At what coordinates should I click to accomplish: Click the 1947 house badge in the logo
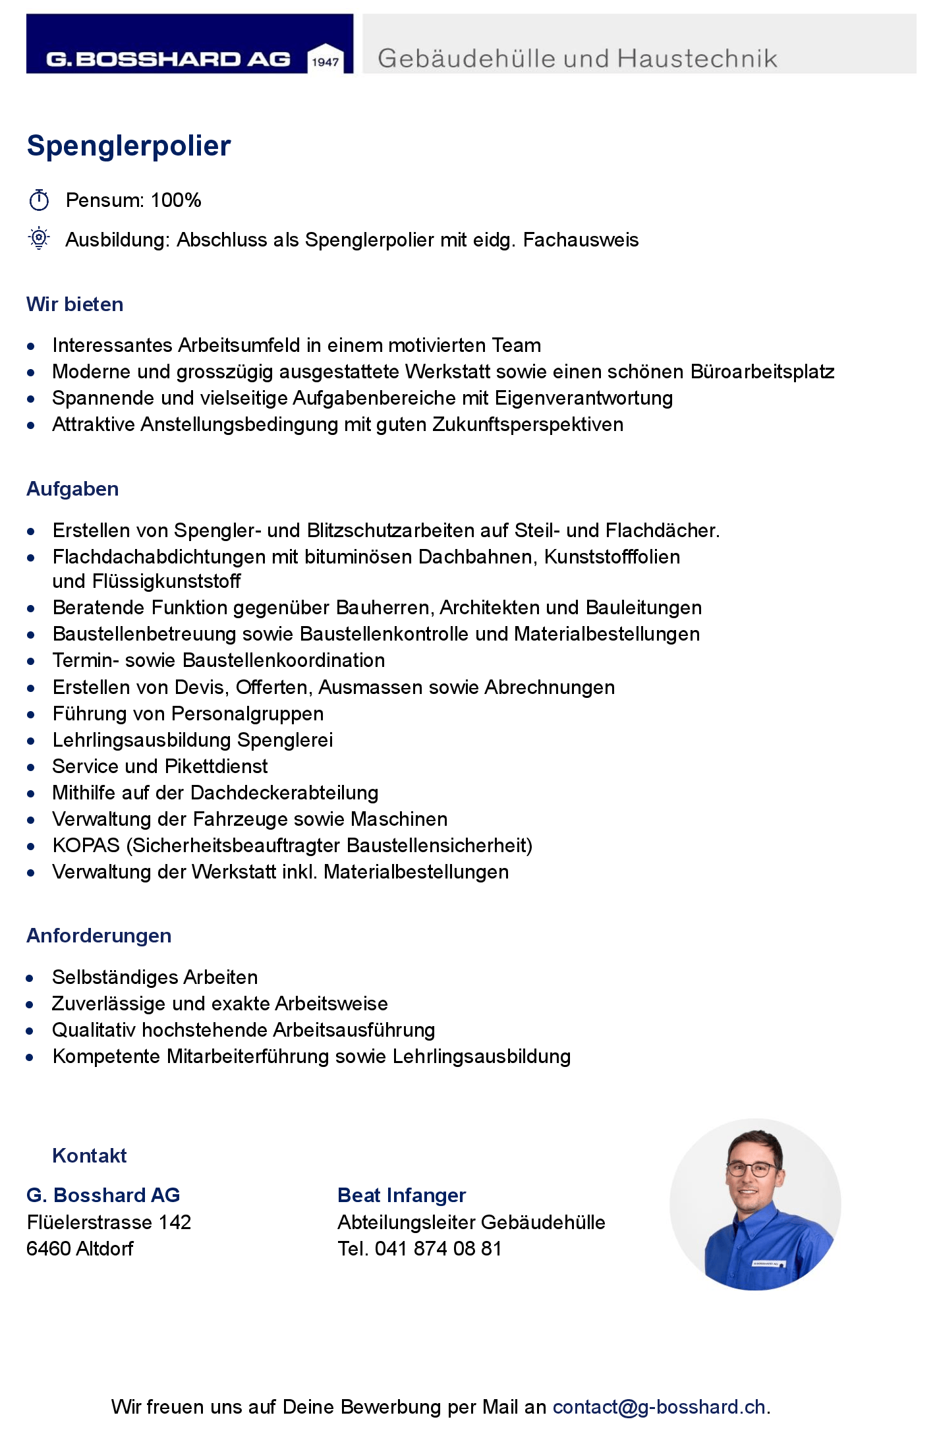(x=326, y=59)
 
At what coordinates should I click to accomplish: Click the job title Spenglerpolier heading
(x=129, y=146)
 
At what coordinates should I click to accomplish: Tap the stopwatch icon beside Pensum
(x=39, y=200)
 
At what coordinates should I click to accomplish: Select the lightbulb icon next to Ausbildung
(x=39, y=238)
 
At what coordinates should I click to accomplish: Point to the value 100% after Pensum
(x=176, y=200)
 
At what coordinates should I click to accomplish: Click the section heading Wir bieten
(x=75, y=304)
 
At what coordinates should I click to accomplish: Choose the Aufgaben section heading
(x=73, y=489)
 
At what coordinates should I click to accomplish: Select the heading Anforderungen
(x=99, y=936)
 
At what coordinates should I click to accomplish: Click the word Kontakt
(x=90, y=1155)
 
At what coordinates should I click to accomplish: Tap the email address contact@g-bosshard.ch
(x=658, y=1407)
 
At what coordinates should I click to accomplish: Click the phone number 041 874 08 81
(x=438, y=1248)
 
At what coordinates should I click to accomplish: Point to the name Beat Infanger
(x=401, y=1195)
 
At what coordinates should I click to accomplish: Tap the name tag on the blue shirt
(x=768, y=1263)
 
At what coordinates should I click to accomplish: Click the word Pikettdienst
(x=216, y=766)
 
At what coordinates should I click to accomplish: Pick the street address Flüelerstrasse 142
(x=109, y=1222)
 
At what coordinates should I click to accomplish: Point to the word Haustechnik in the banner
(x=697, y=59)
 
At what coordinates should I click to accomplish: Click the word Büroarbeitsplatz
(x=762, y=372)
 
